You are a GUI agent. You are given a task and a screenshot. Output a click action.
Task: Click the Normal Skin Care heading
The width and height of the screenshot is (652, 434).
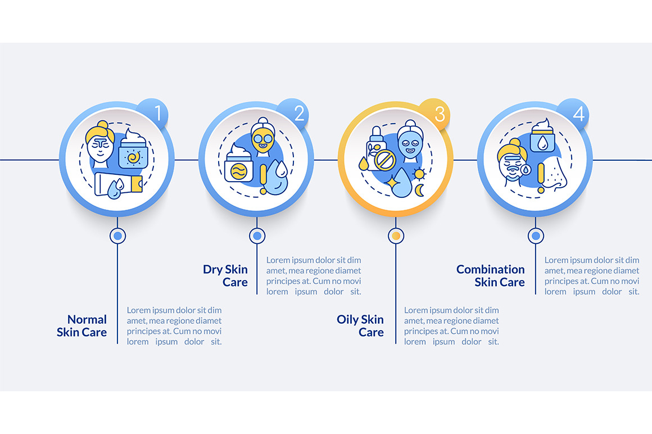click(x=82, y=326)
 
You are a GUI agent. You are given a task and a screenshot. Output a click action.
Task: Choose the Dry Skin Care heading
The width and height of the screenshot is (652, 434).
click(x=225, y=275)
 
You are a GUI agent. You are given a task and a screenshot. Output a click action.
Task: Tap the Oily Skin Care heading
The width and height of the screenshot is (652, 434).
click(x=360, y=326)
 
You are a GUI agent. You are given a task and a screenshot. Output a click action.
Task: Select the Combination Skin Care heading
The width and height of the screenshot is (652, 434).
click(x=491, y=275)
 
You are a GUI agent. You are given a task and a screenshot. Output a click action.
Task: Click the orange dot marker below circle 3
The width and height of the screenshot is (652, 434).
click(x=396, y=236)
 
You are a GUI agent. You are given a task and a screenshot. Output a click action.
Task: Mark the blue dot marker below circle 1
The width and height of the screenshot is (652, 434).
click(x=117, y=236)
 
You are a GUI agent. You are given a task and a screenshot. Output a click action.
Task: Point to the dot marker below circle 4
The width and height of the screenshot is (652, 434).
click(x=536, y=236)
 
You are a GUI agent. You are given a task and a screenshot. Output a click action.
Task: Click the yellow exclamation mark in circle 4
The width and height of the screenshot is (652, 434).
click(x=541, y=178)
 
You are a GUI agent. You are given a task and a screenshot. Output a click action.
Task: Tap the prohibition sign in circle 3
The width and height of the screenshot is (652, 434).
click(x=384, y=160)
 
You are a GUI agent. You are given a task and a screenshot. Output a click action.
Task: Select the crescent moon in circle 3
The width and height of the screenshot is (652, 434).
click(x=419, y=190)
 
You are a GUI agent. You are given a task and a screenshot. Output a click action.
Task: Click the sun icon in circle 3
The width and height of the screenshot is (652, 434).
click(x=419, y=174)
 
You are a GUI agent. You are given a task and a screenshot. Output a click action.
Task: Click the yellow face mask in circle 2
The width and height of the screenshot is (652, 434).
click(x=263, y=139)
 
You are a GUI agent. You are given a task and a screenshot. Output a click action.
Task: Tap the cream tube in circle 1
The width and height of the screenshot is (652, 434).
click(x=119, y=184)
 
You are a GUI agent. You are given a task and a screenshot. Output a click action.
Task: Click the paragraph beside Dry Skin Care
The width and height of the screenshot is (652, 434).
click(x=314, y=275)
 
